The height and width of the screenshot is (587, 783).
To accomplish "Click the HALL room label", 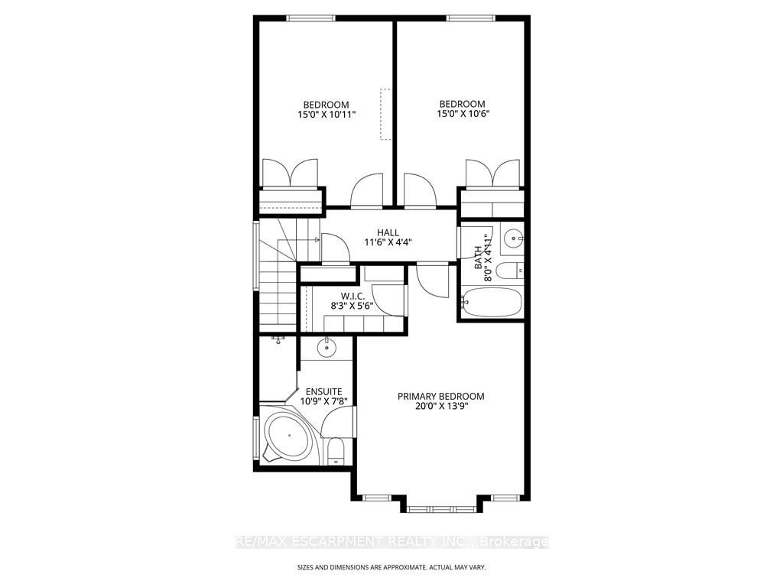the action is pos(388,232).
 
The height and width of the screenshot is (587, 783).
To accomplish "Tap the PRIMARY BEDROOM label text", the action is pos(441,397).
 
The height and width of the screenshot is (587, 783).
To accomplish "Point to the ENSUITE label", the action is pos(323,392).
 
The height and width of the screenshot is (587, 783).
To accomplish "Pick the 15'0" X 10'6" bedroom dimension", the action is pos(462,113).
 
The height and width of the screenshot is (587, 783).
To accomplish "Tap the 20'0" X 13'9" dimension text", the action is pos(441,406).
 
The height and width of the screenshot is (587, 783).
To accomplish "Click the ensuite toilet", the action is pos(335,451).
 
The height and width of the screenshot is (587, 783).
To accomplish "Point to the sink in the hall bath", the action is pos(512,238).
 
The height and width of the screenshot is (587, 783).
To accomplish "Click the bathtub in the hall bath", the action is pos(491,302).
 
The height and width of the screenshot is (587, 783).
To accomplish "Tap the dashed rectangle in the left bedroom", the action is pos(385,115).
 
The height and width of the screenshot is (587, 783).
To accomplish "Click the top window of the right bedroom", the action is pos(470,18).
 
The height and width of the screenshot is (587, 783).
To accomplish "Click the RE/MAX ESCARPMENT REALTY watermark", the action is pos(392,542).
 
